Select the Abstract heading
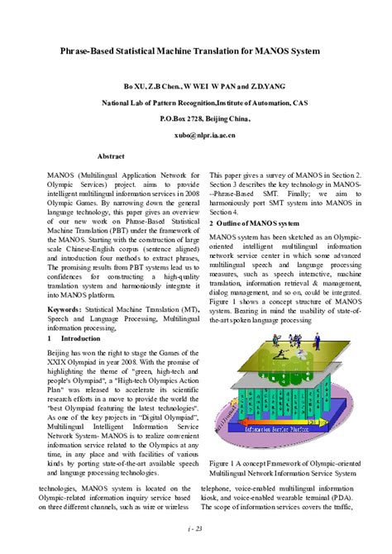click(x=111, y=155)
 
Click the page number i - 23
click(x=196, y=528)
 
